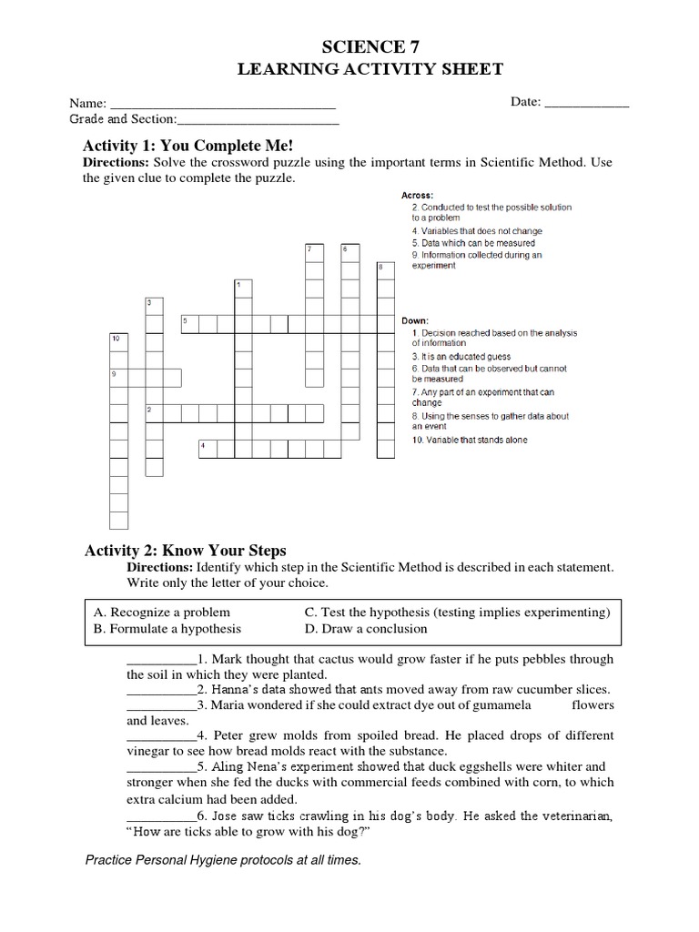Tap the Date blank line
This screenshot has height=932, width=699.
585,105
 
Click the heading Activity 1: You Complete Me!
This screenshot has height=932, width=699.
188,146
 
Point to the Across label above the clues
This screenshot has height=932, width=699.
417,196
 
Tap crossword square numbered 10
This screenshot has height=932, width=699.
118,339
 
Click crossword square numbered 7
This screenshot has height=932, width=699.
314,250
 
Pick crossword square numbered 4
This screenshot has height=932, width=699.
208,447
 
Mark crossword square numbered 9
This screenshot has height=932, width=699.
118,376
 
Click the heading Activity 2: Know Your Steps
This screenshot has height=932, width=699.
185,550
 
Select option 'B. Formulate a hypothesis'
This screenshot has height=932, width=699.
167,629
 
